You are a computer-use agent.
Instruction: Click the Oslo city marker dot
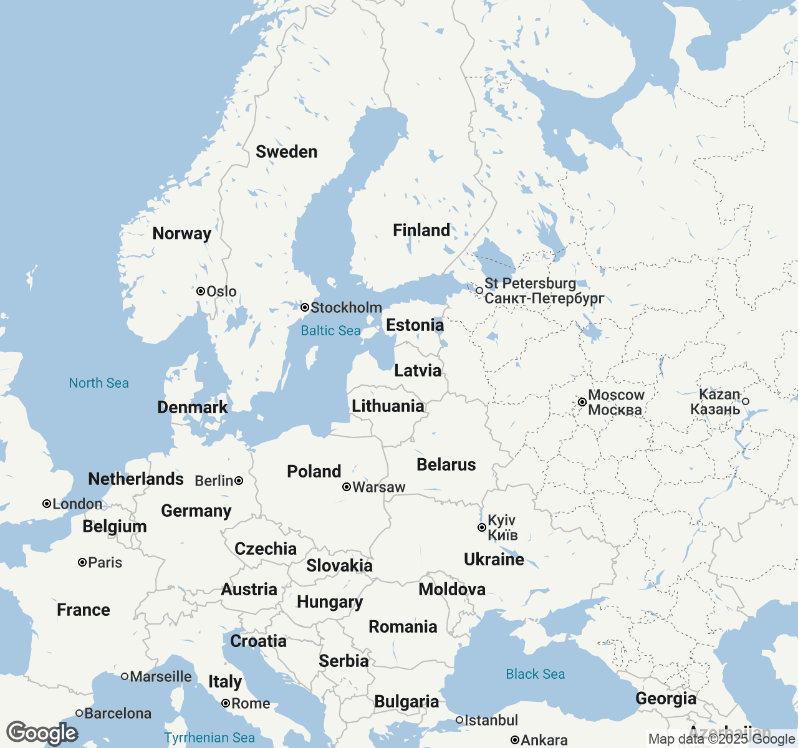coord(201,291)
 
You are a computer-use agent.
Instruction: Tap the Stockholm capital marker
coord(305,307)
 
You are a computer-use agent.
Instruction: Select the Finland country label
coord(421,230)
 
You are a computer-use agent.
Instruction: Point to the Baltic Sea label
coord(330,330)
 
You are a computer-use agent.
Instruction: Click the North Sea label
coord(99,383)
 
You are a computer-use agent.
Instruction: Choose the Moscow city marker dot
coord(582,402)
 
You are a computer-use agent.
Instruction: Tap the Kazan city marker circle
coord(746,401)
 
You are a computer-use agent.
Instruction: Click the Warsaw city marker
coord(347,487)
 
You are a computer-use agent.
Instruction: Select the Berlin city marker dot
coord(239,481)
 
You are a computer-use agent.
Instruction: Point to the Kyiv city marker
coord(481,527)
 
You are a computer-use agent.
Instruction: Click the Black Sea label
coord(535,674)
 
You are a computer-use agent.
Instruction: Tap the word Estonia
coord(415,325)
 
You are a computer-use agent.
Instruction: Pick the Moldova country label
coord(452,589)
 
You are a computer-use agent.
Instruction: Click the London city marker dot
coord(46,504)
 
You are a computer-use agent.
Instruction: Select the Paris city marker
coord(82,562)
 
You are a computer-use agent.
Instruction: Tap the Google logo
coord(42,733)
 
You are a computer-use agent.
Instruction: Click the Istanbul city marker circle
coord(459,720)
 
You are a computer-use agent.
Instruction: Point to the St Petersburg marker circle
coord(479,290)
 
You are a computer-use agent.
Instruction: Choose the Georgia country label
coord(666,698)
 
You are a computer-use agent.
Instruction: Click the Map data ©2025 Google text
coord(721,739)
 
